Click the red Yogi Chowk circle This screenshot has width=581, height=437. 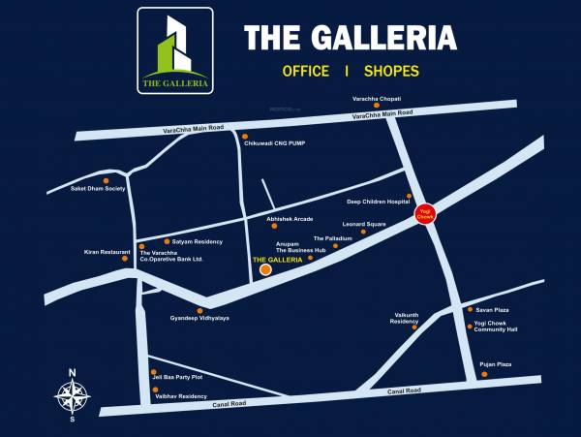[423, 213]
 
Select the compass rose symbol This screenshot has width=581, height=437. [72, 394]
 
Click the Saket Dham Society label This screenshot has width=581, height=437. [99, 188]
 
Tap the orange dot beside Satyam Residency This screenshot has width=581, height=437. [166, 241]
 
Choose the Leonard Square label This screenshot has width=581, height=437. [364, 224]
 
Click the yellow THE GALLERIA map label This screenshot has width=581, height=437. [277, 261]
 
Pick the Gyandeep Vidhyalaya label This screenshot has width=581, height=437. [199, 318]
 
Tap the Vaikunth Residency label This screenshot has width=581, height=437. [405, 318]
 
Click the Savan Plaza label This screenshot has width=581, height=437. [492, 310]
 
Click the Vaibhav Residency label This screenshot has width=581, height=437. [181, 396]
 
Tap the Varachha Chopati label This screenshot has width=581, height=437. [376, 99]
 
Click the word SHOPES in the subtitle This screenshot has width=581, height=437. [392, 71]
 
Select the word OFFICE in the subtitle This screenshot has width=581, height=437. [306, 71]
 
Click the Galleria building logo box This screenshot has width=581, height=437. [175, 50]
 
